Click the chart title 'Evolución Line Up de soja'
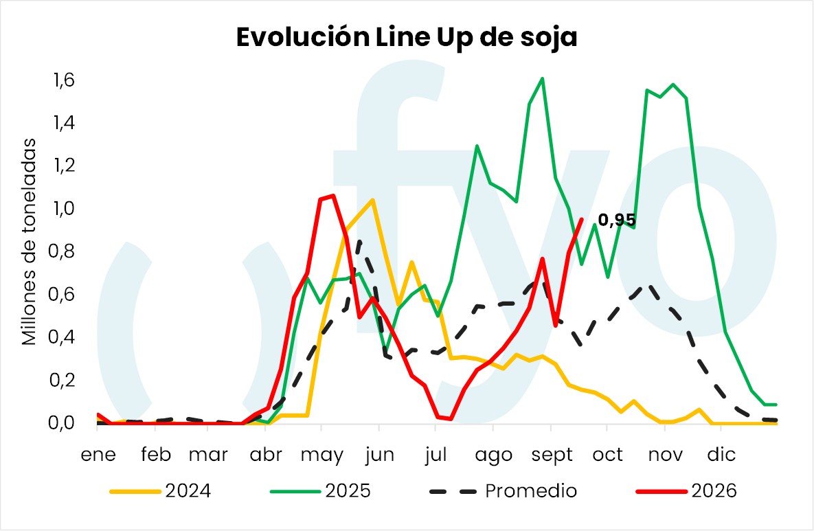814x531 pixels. click(407, 37)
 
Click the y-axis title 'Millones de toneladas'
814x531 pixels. click(29, 242)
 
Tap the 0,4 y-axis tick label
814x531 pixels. click(62, 337)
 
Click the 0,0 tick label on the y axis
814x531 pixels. click(62, 423)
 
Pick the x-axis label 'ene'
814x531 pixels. click(98, 455)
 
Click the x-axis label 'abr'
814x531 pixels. click(266, 455)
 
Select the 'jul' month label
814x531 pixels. click(436, 455)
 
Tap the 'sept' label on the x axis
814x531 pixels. click(552, 455)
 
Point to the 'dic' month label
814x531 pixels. click(721, 455)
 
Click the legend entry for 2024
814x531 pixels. click(161, 491)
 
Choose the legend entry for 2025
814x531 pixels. click(320, 491)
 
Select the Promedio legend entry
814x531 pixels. click(503, 491)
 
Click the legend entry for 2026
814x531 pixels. click(686, 491)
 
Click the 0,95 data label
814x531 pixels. click(617, 220)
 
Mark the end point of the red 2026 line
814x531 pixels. click(581, 220)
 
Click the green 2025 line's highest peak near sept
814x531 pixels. click(542, 79)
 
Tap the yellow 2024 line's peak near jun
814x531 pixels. click(372, 200)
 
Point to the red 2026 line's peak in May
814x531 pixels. click(332, 196)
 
